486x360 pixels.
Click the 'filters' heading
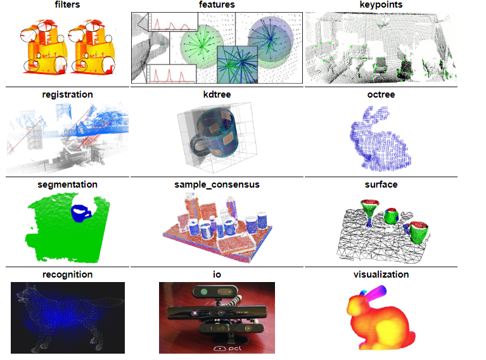point(67,5)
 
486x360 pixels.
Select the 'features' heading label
point(217,5)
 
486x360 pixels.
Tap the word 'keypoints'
point(381,5)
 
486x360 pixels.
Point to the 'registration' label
point(67,94)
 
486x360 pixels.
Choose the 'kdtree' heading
point(217,94)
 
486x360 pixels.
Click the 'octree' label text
point(381,94)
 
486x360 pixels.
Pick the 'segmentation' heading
point(67,184)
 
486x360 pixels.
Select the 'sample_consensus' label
point(217,184)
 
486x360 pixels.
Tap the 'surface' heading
point(381,184)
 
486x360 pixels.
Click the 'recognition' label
point(67,274)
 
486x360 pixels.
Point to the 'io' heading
point(217,274)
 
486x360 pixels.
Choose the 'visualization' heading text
point(381,274)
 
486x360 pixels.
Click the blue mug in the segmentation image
point(80,213)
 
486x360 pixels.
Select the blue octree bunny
point(380,136)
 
